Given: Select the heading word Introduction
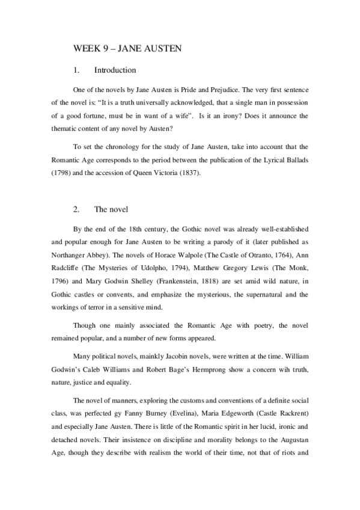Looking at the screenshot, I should point(115,70).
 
